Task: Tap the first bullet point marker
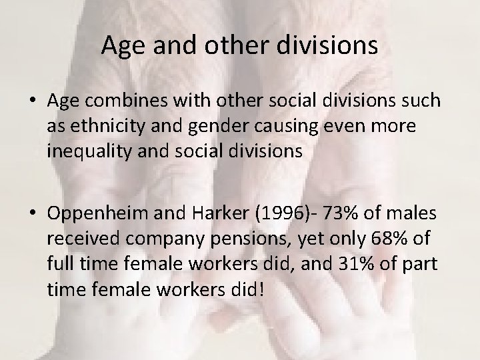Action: point(34,101)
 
